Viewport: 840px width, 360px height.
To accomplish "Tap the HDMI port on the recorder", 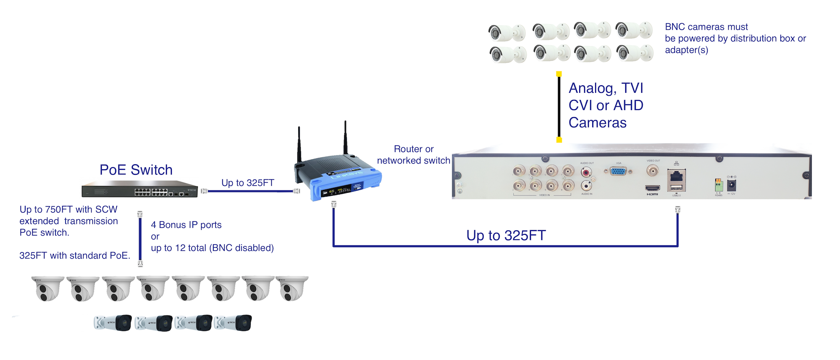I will click(652, 188).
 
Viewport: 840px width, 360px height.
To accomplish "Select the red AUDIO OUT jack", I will click(586, 171).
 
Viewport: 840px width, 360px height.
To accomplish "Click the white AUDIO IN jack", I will click(586, 185).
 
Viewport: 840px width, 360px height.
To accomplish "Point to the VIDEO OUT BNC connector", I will click(652, 170).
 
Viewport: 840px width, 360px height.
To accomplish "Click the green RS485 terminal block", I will click(719, 185).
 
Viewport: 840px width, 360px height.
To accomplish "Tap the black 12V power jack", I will click(731, 185).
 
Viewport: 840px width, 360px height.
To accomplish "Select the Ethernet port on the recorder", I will click(676, 176).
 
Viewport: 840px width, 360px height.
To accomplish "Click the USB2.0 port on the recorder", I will click(676, 188).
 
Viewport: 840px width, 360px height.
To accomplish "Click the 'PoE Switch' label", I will click(136, 170).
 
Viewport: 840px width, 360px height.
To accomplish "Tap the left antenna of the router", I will click(299, 145).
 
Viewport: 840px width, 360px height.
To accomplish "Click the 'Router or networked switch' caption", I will click(413, 155).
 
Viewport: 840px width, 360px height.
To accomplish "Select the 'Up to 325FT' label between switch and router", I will click(247, 183).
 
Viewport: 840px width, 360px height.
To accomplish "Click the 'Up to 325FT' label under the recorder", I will click(506, 235).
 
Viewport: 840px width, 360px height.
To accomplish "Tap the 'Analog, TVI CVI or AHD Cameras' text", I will click(606, 105).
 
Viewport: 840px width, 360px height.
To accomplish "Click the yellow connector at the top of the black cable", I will click(559, 74).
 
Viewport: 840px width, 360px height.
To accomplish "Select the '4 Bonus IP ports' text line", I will click(186, 225).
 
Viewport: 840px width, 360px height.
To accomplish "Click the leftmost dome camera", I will click(47, 288).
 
